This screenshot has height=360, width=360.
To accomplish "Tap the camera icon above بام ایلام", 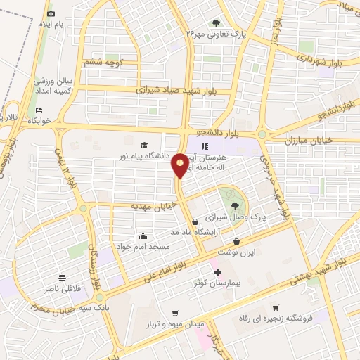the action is click(x=50, y=13).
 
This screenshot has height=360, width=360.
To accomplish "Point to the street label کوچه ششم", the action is click(x=104, y=63).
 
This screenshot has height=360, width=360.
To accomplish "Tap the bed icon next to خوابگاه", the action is click(x=39, y=110).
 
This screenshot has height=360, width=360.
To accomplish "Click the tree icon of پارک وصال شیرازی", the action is click(x=235, y=206).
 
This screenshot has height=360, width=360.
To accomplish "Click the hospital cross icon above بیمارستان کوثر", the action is click(x=217, y=272).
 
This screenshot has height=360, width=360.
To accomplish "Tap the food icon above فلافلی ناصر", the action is click(x=63, y=278).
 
